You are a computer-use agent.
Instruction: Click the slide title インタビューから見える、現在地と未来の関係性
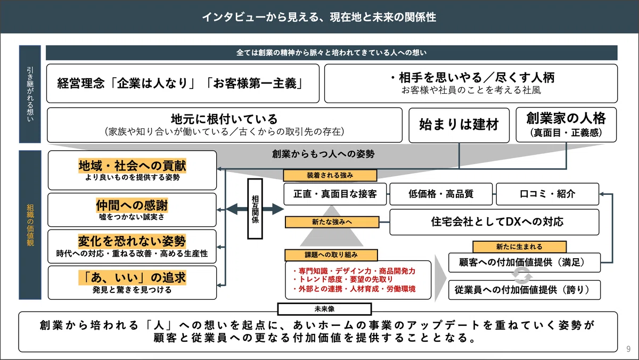(319, 17)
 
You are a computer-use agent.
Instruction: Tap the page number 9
(628, 349)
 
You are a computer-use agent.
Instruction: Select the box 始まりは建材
(459, 125)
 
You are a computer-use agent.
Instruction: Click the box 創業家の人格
(566, 125)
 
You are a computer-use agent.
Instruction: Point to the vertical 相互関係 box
(255, 209)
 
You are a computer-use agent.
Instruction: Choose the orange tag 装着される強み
(330, 175)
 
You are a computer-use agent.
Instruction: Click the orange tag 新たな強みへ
(332, 222)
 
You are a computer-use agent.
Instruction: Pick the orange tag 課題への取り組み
(331, 255)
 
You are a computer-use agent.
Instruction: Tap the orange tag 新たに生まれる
(520, 247)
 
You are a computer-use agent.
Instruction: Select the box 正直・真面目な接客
(335, 194)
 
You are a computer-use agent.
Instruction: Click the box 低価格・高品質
(441, 194)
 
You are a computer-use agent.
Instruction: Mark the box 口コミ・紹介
(547, 194)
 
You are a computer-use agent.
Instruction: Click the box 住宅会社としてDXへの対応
(494, 222)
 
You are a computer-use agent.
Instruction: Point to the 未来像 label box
(325, 309)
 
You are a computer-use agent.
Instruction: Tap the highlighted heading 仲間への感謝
(132, 205)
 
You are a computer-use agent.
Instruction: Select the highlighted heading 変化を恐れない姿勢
(132, 241)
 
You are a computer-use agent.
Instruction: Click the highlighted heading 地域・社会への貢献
(133, 166)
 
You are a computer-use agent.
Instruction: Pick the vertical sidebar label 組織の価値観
(30, 225)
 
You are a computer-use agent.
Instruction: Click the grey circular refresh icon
(522, 276)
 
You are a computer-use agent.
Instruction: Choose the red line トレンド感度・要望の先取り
(343, 279)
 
